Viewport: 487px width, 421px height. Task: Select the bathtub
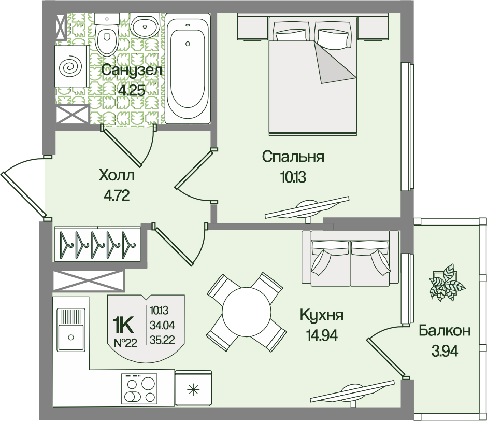(x=188, y=68)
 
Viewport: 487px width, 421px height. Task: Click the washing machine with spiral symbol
(x=72, y=66)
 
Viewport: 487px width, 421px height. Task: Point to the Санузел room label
(x=132, y=71)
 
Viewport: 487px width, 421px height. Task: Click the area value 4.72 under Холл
(x=117, y=196)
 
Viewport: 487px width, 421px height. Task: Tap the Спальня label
(x=293, y=157)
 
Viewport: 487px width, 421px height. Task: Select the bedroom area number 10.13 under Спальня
(x=293, y=177)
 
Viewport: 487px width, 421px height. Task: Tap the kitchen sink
(x=71, y=330)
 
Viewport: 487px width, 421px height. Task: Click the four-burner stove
(x=139, y=389)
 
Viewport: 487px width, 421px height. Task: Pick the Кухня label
(x=322, y=315)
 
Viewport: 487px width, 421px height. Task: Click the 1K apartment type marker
(x=123, y=325)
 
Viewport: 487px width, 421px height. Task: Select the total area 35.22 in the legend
(x=162, y=340)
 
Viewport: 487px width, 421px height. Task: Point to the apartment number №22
(x=125, y=343)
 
